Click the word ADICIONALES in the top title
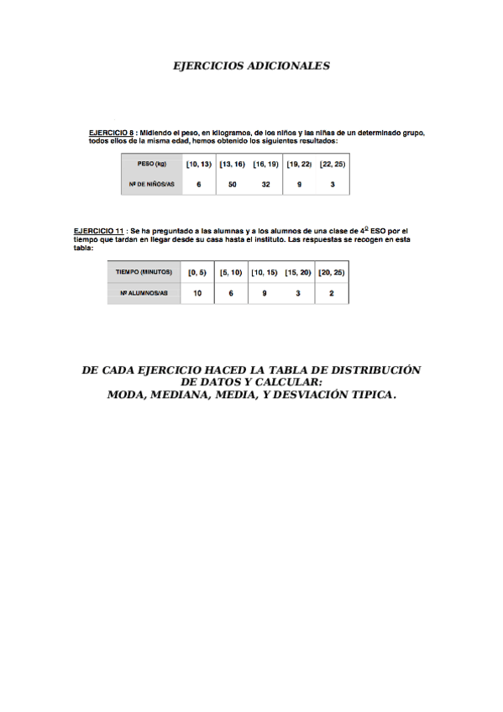tap(289, 65)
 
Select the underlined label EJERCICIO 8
tap(112, 133)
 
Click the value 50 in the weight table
tap(233, 184)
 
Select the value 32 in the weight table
tap(265, 184)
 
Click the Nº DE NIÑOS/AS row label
tap(152, 184)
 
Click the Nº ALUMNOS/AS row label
tap(144, 293)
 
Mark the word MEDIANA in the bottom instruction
tap(182, 394)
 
